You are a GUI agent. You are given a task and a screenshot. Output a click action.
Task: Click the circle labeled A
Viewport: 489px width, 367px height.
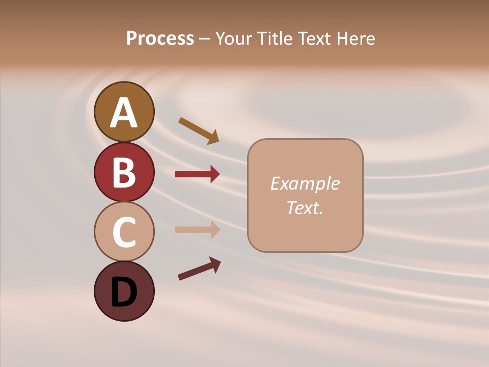click(124, 112)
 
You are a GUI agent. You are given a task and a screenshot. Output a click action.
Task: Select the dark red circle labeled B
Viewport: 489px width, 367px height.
click(124, 172)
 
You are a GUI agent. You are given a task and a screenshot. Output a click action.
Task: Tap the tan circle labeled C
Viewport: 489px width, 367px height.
click(124, 231)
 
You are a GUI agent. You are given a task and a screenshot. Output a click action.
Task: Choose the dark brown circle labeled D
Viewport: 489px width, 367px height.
click(124, 291)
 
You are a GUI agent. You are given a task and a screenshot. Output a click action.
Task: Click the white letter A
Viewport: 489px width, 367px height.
click(124, 113)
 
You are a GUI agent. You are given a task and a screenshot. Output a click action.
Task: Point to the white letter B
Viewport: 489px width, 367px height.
click(124, 172)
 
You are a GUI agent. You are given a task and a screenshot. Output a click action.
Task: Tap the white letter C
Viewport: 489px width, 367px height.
click(124, 232)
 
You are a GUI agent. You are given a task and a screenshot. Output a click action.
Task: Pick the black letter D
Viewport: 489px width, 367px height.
click(124, 293)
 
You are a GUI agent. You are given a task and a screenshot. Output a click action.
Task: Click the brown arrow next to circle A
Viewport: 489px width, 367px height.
click(199, 130)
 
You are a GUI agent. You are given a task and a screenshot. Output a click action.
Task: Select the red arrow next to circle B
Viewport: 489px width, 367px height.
click(197, 174)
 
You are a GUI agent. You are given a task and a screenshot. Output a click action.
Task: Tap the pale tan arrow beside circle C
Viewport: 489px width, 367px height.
click(197, 229)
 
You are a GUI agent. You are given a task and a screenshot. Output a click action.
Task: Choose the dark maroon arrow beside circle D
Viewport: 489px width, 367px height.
click(199, 269)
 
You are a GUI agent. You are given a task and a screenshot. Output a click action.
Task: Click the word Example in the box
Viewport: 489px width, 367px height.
click(305, 183)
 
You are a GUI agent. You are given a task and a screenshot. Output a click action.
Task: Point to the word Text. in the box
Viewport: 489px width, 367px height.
click(305, 207)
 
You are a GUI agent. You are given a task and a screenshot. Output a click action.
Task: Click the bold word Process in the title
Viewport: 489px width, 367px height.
click(160, 39)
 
